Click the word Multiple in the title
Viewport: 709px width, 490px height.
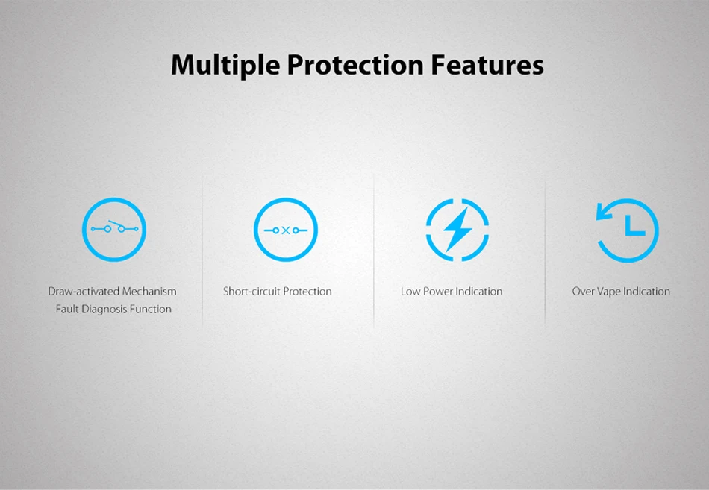coord(225,66)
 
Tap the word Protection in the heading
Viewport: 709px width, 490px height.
coord(355,65)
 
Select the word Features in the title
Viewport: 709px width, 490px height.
coord(487,65)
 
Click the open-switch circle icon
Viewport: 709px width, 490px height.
coord(114,229)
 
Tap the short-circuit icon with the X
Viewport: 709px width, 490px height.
coord(286,229)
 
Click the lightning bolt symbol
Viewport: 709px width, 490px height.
coord(457,230)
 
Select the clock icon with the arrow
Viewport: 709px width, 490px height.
coord(627,230)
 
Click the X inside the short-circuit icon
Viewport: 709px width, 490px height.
coord(286,230)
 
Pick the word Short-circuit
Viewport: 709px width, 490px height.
coord(251,291)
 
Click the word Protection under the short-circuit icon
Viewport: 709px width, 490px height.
coord(307,291)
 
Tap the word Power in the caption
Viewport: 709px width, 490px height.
coord(437,291)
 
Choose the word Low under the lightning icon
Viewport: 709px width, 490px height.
coord(410,291)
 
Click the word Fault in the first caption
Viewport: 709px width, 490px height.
coord(66,310)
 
